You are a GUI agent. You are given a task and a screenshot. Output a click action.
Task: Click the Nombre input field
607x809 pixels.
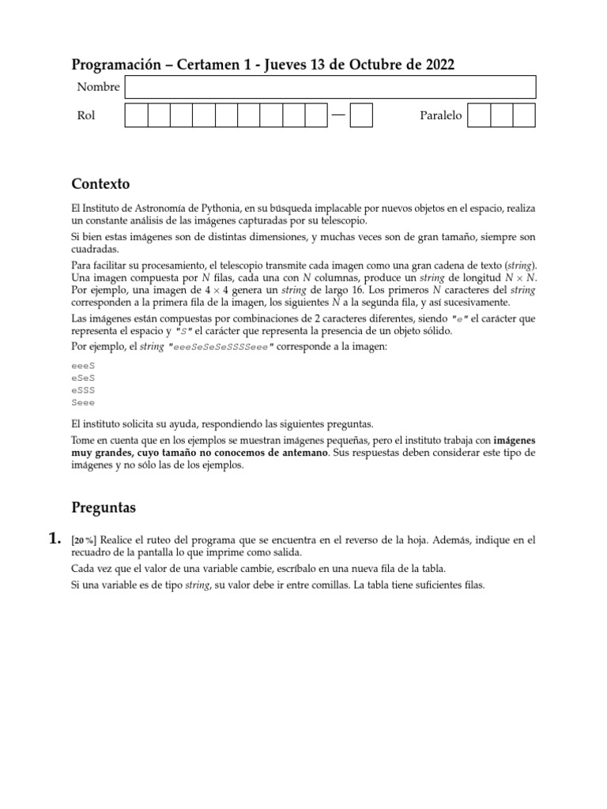click(330, 87)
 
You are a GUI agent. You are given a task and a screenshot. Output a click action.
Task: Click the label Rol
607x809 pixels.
click(85, 116)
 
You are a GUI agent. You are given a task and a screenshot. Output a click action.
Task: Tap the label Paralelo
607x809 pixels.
click(440, 116)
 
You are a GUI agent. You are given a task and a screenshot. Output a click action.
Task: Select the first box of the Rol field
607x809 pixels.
click(137, 116)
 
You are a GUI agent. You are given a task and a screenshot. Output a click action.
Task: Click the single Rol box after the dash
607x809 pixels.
click(361, 116)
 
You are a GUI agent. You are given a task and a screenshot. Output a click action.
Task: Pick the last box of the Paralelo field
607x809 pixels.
click(523, 116)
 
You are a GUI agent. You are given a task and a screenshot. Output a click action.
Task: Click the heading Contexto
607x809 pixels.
click(100, 184)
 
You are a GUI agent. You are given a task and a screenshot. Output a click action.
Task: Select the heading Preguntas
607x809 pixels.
click(104, 506)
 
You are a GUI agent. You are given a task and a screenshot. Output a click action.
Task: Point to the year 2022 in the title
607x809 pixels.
click(438, 65)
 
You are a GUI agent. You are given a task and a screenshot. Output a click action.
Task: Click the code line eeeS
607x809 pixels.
click(83, 366)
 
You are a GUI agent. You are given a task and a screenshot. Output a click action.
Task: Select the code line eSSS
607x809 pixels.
click(83, 390)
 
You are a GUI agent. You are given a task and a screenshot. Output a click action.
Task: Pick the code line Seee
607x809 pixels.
click(83, 402)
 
